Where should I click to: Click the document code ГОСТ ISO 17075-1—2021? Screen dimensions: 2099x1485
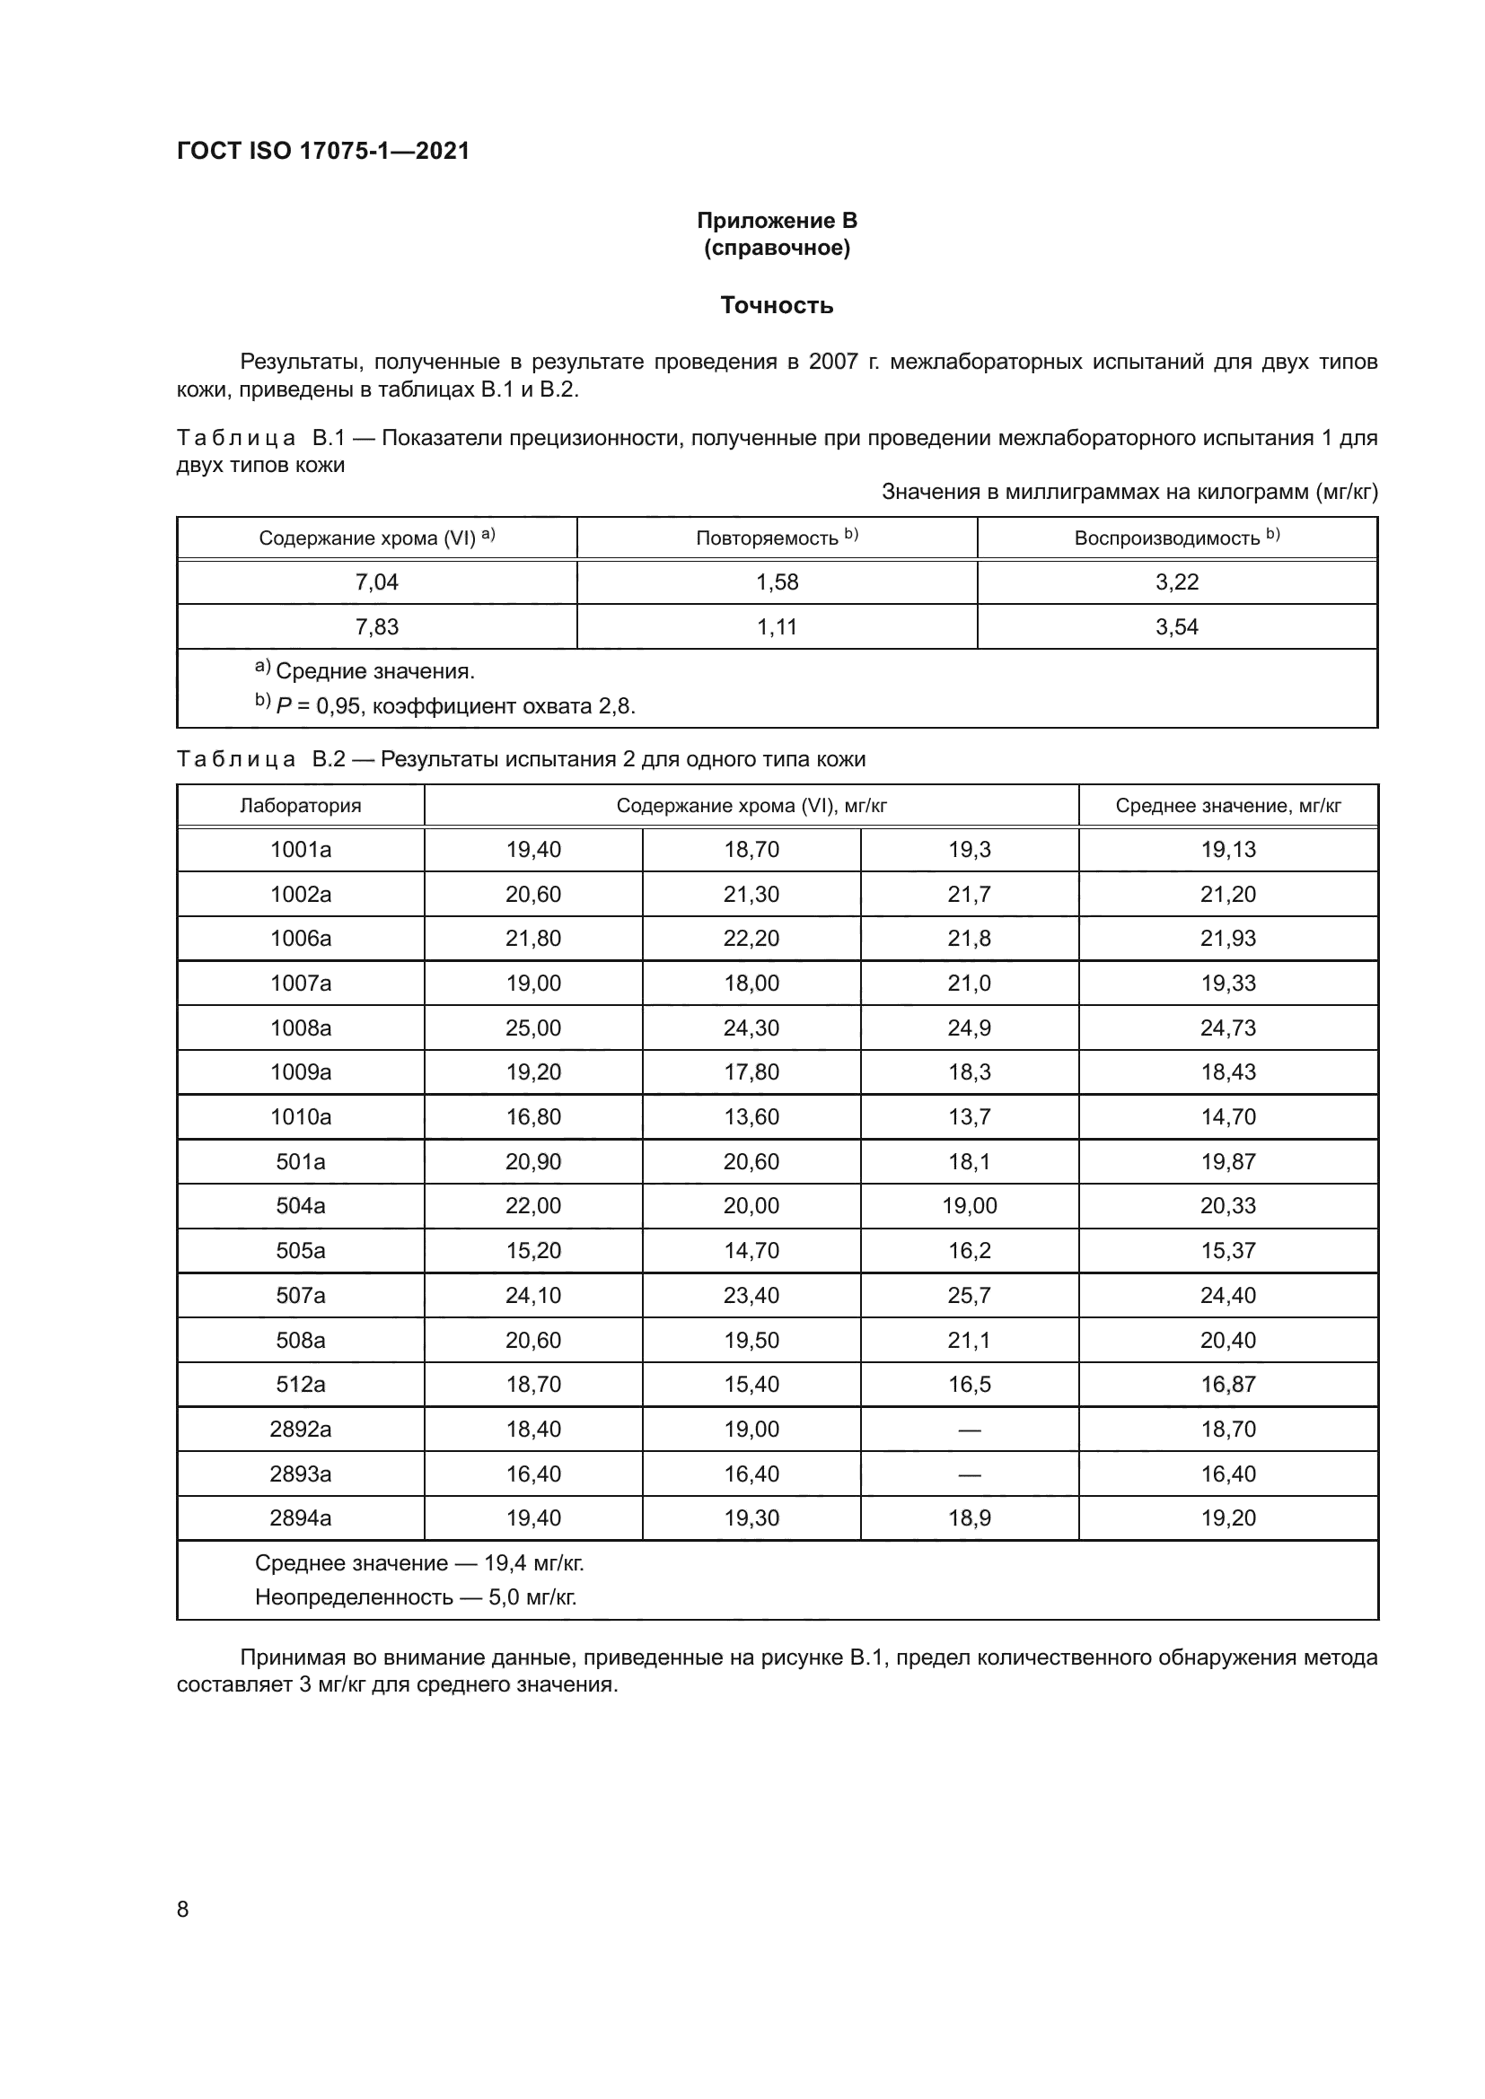click(323, 151)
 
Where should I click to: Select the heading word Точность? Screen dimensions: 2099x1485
click(777, 305)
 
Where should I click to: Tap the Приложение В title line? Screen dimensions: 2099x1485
click(777, 221)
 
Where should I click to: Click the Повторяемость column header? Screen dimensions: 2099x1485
click(777, 538)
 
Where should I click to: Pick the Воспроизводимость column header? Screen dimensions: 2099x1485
click(1176, 538)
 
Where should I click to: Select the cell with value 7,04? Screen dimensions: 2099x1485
click(377, 582)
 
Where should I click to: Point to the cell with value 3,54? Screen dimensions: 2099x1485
click(1176, 627)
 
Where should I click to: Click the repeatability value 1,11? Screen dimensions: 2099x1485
click(777, 627)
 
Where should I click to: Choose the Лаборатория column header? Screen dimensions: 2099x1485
click(300, 805)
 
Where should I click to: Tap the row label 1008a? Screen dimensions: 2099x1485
click(300, 1028)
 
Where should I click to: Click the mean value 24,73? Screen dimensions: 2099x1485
click(1227, 1028)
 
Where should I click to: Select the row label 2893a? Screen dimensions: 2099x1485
click(300, 1474)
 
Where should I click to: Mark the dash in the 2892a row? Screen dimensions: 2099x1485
click(970, 1430)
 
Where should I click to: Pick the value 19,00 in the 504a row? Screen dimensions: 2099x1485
click(970, 1206)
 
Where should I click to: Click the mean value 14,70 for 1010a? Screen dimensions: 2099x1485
click(1227, 1117)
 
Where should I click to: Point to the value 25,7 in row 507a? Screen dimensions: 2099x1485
click(970, 1296)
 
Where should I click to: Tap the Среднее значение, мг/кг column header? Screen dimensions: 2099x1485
click(1227, 805)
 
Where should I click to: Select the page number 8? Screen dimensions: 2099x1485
click(183, 1909)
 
